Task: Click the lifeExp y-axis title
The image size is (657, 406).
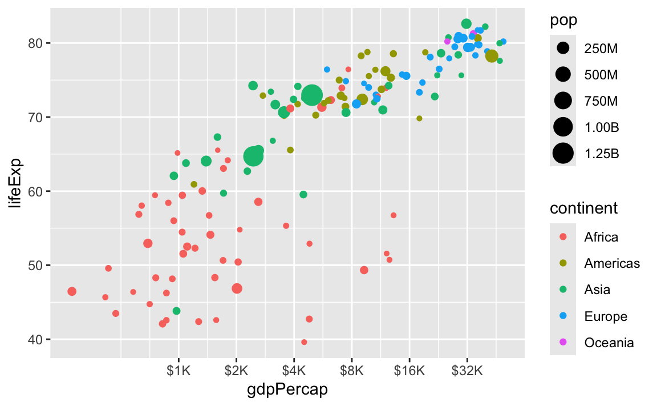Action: [x=18, y=183]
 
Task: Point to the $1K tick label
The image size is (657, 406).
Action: [x=179, y=371]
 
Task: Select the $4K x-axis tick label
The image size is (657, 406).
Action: [x=294, y=371]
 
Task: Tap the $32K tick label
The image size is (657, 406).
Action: [x=467, y=371]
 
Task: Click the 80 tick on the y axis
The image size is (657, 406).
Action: [x=36, y=43]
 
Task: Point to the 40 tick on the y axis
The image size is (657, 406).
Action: [x=36, y=339]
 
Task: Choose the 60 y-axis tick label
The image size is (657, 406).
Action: [x=36, y=191]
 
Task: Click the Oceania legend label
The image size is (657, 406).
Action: [x=609, y=343]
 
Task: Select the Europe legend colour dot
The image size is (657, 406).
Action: [x=563, y=316]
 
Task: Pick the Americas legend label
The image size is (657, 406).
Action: [x=612, y=263]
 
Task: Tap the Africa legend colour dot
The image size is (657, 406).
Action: [x=563, y=236]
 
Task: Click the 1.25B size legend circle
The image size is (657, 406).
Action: [x=563, y=153]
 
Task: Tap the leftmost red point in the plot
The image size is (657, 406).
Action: [x=72, y=291]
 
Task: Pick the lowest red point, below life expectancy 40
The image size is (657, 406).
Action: [x=304, y=342]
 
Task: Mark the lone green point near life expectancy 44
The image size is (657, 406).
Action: [x=176, y=311]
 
